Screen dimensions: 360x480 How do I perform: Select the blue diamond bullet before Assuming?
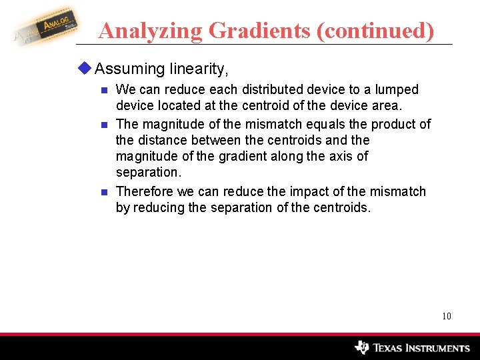click(x=86, y=68)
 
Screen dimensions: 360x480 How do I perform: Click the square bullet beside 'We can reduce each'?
click(x=103, y=90)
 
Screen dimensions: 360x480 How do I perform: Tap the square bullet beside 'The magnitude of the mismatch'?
click(x=103, y=125)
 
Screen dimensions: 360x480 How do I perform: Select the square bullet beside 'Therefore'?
click(x=103, y=192)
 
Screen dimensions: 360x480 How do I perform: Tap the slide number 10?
click(x=447, y=316)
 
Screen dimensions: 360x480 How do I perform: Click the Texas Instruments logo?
click(x=413, y=347)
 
